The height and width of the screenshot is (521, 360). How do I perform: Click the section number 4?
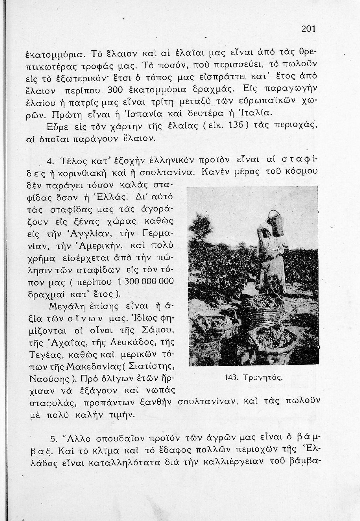(x=49, y=161)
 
